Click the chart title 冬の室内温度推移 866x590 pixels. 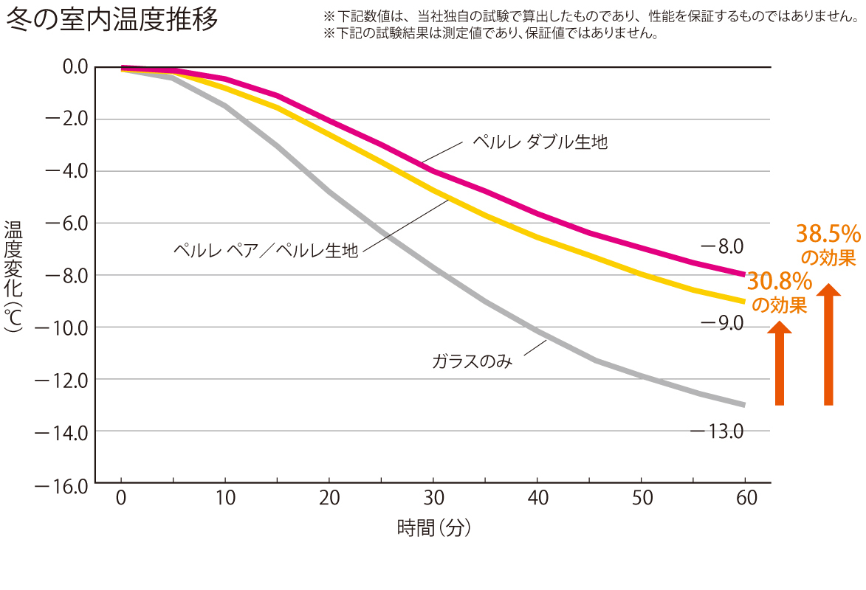[x=112, y=20]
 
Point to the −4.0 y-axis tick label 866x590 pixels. [x=65, y=171]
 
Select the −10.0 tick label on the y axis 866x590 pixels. [x=61, y=327]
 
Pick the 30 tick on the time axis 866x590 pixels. [x=435, y=499]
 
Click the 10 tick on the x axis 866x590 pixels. [x=226, y=499]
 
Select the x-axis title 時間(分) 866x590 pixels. [x=434, y=528]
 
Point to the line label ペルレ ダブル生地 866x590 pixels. [x=540, y=142]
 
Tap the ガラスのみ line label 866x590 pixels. [x=472, y=361]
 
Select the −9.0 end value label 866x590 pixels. [x=721, y=323]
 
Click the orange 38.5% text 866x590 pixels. [x=828, y=235]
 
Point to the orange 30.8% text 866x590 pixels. [x=780, y=281]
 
